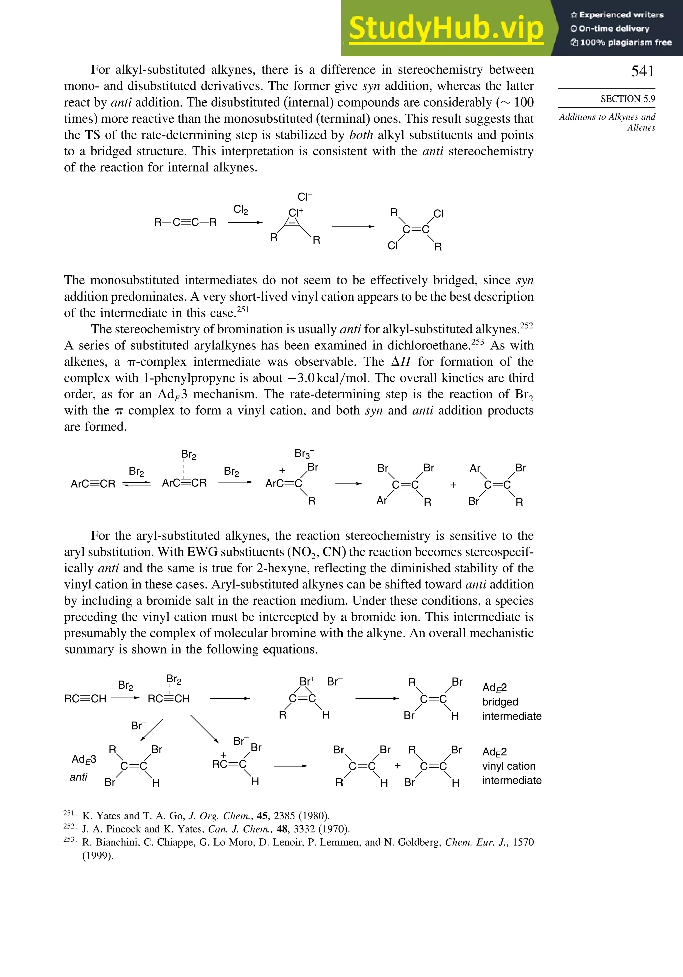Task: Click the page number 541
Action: coord(642,71)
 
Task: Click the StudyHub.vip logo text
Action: coord(446,28)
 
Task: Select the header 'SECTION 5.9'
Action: coord(627,99)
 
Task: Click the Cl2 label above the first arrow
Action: coord(241,209)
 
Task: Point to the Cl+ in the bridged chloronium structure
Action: coord(296,212)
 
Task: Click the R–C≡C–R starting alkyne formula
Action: coord(185,222)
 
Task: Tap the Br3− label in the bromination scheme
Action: coord(304,453)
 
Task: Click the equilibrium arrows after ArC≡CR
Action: coord(136,484)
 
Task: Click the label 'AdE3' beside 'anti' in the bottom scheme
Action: coord(84,759)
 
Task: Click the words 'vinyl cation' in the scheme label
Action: coord(508,766)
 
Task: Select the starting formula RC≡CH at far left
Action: coord(85,698)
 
